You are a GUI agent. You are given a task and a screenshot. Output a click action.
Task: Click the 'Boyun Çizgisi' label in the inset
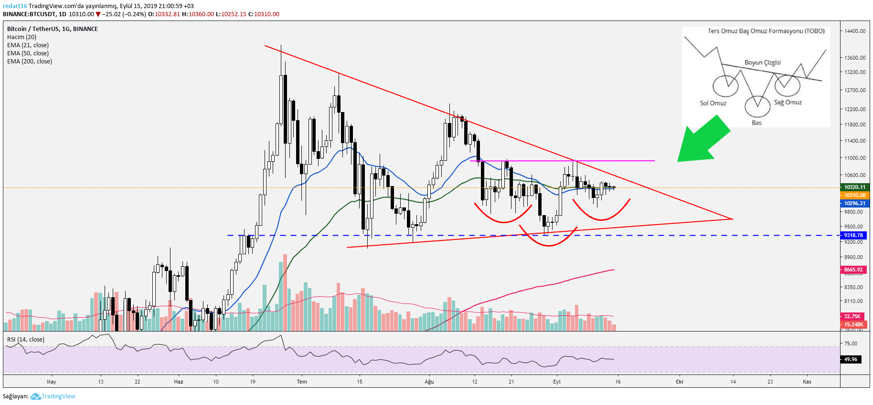[762, 62]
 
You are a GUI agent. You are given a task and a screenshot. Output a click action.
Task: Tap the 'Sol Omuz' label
[713, 103]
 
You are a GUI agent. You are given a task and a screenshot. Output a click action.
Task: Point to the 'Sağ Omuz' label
[788, 102]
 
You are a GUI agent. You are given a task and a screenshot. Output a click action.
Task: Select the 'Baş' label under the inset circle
[756, 123]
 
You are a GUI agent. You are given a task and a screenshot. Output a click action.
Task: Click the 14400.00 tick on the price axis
[854, 31]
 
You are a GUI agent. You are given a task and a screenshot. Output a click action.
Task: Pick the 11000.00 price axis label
[854, 158]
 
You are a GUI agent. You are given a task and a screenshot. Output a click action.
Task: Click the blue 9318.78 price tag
[853, 235]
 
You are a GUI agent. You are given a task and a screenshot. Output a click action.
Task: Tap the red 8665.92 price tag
[853, 270]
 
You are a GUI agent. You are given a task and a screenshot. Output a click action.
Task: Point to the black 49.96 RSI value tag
[851, 359]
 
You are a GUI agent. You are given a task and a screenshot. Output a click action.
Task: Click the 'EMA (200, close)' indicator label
[30, 62]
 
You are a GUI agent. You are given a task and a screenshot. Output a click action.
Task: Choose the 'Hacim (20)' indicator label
[21, 37]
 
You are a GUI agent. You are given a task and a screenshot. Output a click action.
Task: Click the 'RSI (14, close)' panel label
[26, 340]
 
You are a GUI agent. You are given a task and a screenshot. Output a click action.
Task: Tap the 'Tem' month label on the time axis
[302, 382]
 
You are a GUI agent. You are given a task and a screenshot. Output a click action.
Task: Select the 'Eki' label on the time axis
[679, 382]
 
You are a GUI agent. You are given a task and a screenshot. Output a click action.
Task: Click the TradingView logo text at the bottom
[58, 396]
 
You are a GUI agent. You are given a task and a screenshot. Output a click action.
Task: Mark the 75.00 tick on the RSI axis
[851, 343]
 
